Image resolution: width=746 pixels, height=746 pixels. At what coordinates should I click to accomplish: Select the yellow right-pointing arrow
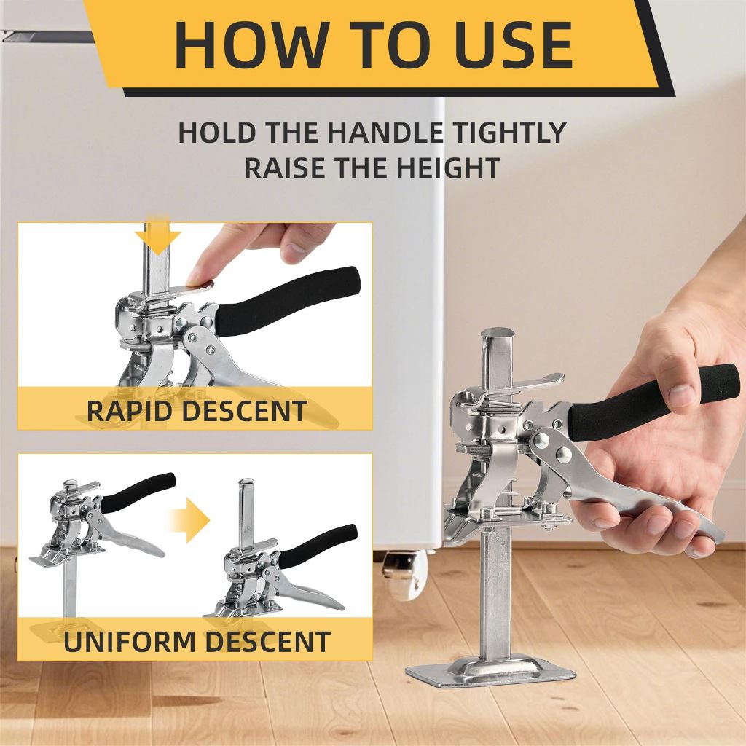pos(189,520)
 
